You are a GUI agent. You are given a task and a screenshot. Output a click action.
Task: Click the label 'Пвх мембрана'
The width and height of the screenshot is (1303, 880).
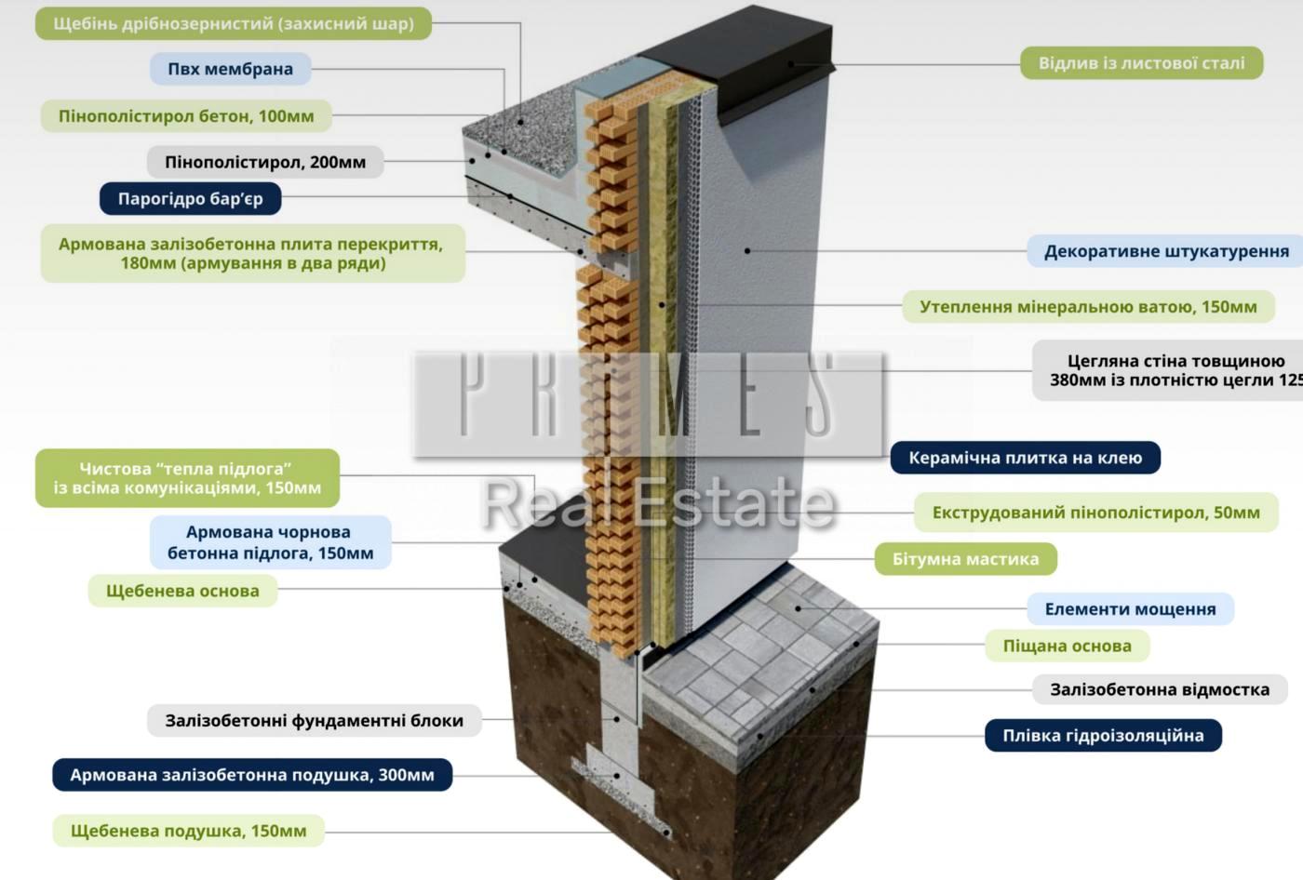click(230, 69)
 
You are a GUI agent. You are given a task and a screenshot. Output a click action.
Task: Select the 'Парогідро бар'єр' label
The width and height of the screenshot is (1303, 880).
click(190, 199)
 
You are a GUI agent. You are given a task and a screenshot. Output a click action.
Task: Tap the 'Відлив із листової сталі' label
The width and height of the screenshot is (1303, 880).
click(1141, 63)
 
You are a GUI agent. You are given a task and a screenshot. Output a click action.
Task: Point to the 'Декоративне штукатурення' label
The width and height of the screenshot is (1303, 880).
click(1166, 251)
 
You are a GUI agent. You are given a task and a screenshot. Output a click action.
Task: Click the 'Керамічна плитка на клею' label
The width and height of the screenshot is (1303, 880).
click(1025, 458)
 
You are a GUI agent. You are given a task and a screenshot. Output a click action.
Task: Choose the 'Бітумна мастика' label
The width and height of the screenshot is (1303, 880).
click(965, 559)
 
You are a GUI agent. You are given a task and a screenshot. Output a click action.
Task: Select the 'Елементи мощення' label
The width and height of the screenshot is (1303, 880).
click(1130, 609)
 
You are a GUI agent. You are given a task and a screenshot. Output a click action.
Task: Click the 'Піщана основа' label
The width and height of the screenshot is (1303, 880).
click(1067, 646)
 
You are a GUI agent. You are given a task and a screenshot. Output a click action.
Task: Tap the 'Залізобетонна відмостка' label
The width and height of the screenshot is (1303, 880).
click(1159, 689)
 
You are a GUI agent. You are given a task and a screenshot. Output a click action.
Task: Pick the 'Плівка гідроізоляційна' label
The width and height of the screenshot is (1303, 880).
click(1103, 736)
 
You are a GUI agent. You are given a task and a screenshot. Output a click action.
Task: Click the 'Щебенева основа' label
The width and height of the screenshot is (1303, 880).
click(182, 591)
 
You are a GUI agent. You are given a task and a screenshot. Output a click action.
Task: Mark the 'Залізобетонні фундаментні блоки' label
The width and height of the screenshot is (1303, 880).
click(314, 720)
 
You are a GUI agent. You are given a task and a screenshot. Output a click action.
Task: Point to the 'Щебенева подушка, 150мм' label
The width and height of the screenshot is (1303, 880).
click(188, 831)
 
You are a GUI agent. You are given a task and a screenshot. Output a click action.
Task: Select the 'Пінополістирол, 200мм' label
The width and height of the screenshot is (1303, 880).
click(265, 162)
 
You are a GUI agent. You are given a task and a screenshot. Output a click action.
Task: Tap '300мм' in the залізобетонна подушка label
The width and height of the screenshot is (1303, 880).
click(406, 775)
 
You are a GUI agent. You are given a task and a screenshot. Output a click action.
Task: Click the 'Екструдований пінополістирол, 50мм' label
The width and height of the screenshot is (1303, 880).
click(1095, 513)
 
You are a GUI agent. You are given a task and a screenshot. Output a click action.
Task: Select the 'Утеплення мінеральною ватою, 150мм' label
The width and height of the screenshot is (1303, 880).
click(1088, 307)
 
